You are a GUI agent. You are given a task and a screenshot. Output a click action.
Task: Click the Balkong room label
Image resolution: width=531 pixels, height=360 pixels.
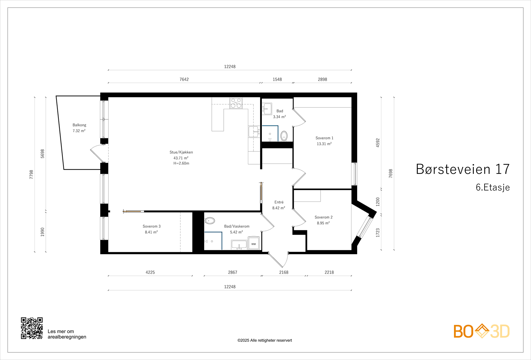point(79,125)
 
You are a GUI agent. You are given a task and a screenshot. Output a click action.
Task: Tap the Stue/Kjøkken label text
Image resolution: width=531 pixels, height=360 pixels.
point(181,152)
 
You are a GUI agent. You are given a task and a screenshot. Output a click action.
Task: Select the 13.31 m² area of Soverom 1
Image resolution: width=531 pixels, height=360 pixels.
point(324,144)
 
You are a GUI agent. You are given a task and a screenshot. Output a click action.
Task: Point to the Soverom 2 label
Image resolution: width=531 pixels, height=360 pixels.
point(324,217)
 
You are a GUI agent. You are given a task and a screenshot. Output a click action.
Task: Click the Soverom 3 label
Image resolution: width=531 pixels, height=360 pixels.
point(152,226)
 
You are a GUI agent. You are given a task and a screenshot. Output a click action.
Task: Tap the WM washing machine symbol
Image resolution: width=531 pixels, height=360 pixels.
point(254,244)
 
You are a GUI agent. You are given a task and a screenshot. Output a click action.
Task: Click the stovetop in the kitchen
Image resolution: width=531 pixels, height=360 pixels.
point(236,103)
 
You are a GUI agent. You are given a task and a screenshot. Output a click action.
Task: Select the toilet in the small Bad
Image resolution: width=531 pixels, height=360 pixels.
point(284,136)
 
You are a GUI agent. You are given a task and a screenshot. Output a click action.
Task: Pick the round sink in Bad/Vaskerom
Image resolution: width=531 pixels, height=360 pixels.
point(210,221)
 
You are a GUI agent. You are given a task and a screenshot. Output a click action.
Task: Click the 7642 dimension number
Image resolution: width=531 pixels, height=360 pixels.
point(184,79)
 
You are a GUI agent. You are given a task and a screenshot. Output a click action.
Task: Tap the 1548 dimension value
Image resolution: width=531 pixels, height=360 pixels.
point(277,79)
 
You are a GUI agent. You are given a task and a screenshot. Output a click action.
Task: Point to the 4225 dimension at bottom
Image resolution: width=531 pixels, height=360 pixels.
point(150,272)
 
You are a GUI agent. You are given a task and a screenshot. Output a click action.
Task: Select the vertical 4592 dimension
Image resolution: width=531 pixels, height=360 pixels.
point(378,143)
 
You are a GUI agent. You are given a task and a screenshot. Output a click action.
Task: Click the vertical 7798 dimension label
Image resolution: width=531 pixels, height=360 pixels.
point(32,175)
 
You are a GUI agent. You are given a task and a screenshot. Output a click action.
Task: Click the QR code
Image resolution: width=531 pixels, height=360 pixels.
point(32,328)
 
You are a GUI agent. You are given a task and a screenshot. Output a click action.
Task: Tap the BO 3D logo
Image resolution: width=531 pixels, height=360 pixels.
point(482,331)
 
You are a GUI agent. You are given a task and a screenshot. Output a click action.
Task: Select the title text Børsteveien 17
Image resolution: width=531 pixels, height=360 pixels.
point(463,169)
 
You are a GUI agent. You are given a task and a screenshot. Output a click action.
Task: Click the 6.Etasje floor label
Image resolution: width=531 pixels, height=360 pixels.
point(493,187)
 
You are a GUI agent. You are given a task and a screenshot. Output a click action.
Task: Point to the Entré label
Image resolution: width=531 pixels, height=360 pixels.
point(279,202)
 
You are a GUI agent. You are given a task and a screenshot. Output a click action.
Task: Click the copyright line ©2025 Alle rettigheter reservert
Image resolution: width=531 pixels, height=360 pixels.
point(265,340)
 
